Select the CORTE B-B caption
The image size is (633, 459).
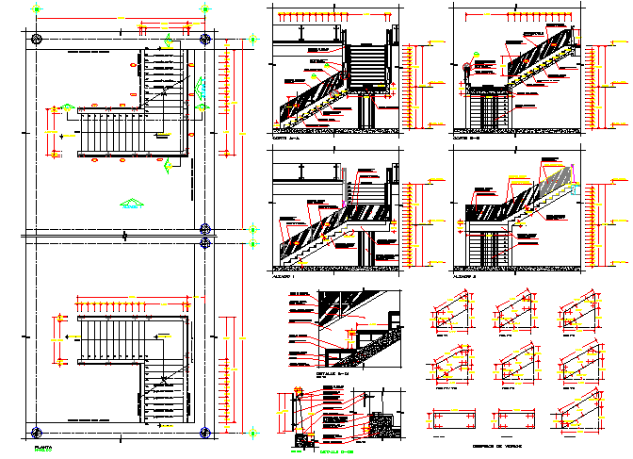click(465, 138)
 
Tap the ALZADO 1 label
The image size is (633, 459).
click(283, 278)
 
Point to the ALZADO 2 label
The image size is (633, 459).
click(463, 278)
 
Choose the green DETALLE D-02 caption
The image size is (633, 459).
click(336, 452)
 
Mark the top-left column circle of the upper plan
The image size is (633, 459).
click(36, 39)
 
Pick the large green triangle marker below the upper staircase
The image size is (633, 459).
click(130, 202)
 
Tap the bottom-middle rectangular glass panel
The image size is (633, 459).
click(513, 418)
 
